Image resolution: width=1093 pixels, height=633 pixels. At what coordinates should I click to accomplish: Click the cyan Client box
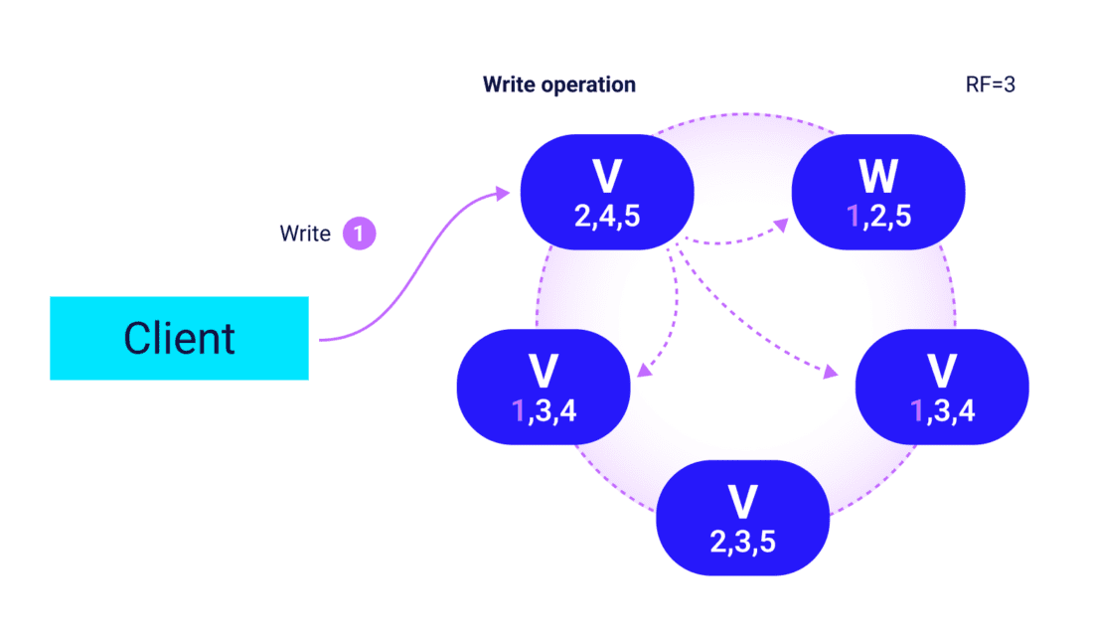tap(179, 338)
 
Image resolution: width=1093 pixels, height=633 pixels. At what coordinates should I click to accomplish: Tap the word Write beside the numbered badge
tap(305, 236)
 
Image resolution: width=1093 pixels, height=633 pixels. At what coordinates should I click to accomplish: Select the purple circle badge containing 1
tap(359, 235)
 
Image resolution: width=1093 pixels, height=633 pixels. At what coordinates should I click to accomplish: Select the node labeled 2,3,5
tap(742, 518)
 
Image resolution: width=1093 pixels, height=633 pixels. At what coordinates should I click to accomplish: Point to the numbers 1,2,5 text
tap(878, 216)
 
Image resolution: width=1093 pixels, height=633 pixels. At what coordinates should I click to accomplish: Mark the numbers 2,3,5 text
tap(742, 541)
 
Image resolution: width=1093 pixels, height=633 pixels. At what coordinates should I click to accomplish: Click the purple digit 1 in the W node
tap(852, 216)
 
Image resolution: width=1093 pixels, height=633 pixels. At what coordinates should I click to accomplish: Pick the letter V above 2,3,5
tap(742, 503)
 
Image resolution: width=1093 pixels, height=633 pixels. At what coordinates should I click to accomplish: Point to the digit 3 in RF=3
tap(1009, 85)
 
